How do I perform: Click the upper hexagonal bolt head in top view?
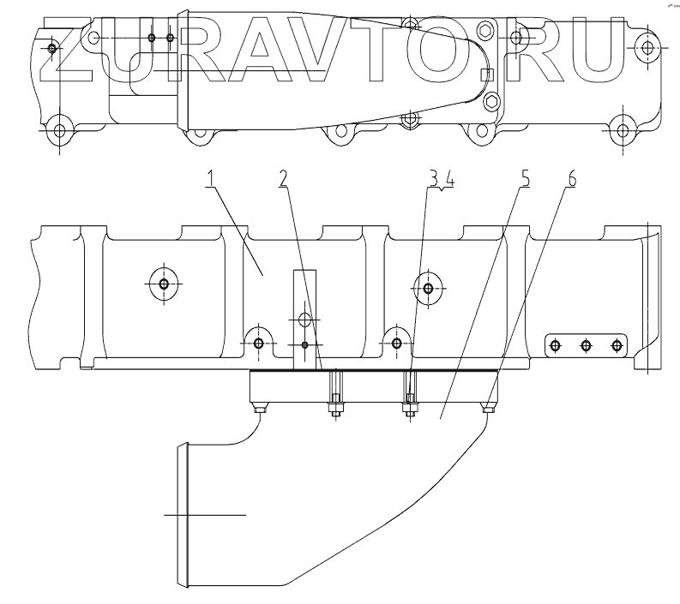pyautogui.click(x=488, y=33)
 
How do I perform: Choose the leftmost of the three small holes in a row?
pyautogui.click(x=555, y=345)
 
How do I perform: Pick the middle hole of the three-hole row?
pyautogui.click(x=586, y=345)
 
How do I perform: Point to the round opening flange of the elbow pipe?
pyautogui.click(x=180, y=514)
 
